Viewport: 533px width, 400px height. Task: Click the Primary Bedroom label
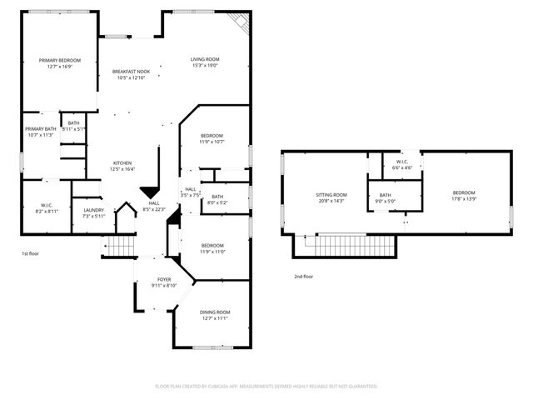[x=59, y=60]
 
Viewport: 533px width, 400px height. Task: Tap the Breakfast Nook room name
[x=131, y=72]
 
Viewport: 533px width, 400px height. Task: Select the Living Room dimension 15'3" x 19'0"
[x=204, y=65]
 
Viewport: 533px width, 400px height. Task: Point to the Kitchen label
[x=122, y=163]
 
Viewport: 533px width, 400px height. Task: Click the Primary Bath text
[x=40, y=128]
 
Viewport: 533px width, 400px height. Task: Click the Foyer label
[x=164, y=280]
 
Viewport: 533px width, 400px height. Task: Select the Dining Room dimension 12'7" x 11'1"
[x=214, y=317]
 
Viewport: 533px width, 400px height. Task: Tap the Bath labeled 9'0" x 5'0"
[x=386, y=199]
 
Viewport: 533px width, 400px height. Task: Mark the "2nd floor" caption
[x=303, y=276]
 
